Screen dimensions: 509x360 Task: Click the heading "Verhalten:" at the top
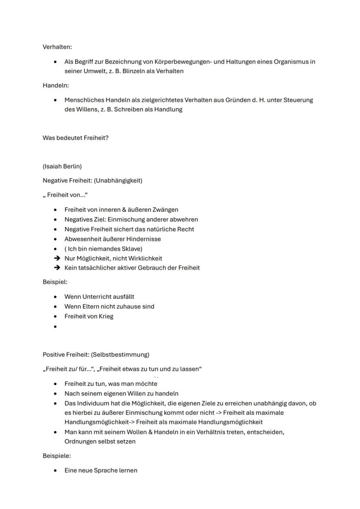coord(57,47)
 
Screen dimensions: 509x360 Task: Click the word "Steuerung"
coord(298,100)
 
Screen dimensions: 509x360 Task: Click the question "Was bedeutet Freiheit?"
coord(75,138)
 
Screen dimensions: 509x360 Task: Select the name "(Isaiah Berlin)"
coord(62,166)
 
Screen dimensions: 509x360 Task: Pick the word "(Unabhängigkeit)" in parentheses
coord(118,180)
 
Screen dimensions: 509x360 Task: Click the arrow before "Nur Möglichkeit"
coord(57,258)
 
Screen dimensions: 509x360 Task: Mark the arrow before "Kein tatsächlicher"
coord(57,268)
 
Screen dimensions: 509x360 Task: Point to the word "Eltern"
coord(91,306)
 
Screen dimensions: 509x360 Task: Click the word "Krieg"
coord(105,316)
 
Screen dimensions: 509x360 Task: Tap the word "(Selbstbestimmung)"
coord(120,354)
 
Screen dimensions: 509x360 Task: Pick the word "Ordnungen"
coord(79,441)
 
